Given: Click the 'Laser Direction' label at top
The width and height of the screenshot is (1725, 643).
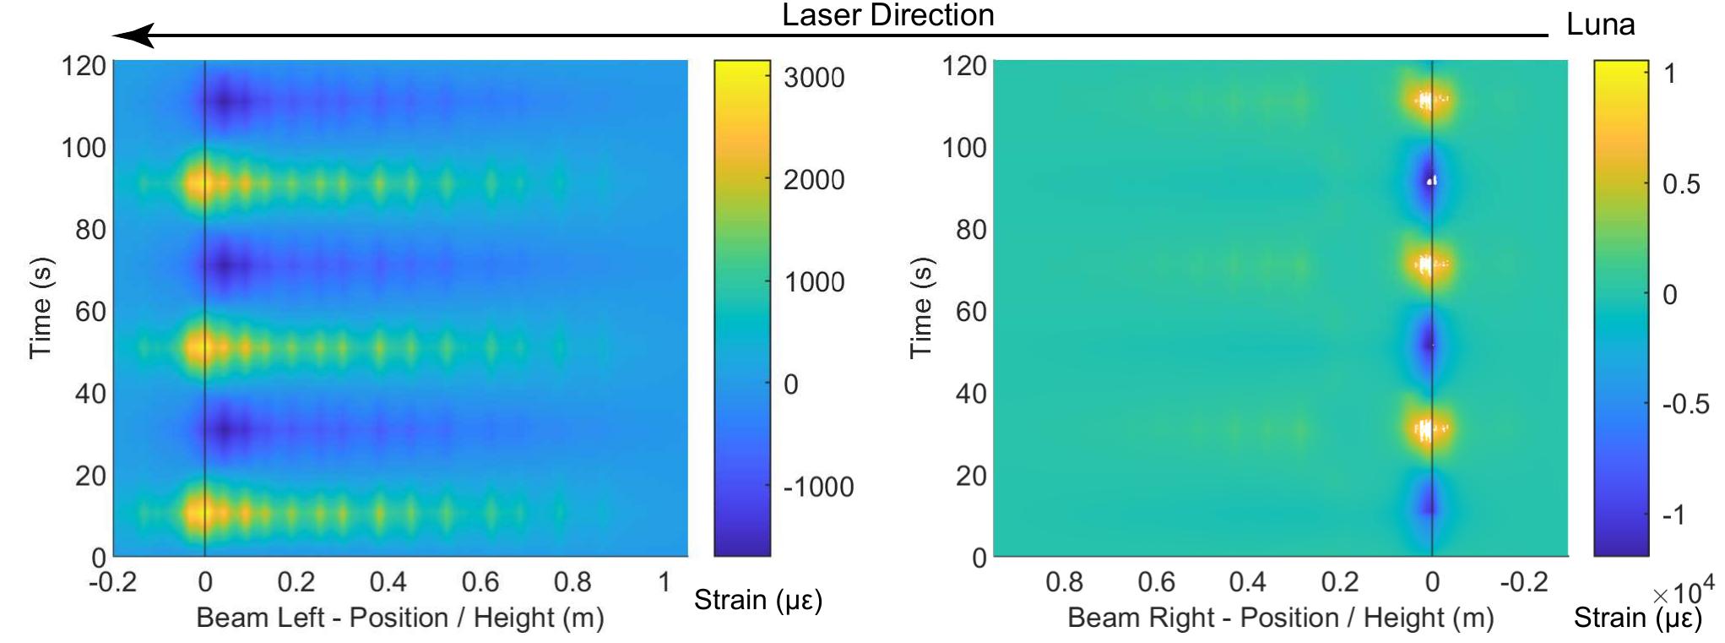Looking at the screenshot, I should click(887, 15).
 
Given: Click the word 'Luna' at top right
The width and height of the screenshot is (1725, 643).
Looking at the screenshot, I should click(1600, 25).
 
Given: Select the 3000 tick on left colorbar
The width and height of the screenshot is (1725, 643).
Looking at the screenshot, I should click(813, 78).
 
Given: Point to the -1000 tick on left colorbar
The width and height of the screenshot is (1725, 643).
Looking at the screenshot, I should click(817, 487).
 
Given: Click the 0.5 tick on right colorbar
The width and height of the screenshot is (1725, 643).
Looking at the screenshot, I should click(1680, 184).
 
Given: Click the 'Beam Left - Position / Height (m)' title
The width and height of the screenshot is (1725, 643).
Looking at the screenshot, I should click(399, 618).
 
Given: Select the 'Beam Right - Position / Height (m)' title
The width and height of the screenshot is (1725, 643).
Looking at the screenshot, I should click(1279, 618).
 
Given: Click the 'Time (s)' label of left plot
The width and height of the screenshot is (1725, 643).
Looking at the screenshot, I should click(41, 308).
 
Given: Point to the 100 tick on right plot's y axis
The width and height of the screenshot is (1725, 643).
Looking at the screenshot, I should click(963, 148).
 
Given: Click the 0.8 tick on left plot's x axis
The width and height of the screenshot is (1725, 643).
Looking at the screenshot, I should click(572, 582).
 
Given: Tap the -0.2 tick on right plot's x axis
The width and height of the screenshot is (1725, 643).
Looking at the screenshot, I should click(1523, 582).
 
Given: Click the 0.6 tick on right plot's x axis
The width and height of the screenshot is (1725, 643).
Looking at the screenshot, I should click(1156, 582).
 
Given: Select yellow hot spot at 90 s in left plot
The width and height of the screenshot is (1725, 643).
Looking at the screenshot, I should click(199, 183).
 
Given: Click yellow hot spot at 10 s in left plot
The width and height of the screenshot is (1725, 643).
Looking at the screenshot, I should click(199, 511).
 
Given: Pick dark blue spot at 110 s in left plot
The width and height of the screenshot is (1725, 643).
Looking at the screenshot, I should click(225, 102).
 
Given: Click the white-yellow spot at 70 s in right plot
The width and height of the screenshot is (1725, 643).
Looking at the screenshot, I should click(1426, 264).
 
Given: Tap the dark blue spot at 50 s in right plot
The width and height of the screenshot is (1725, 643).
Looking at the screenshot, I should click(1429, 344).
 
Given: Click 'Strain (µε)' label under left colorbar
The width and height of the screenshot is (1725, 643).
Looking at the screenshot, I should click(757, 600).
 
